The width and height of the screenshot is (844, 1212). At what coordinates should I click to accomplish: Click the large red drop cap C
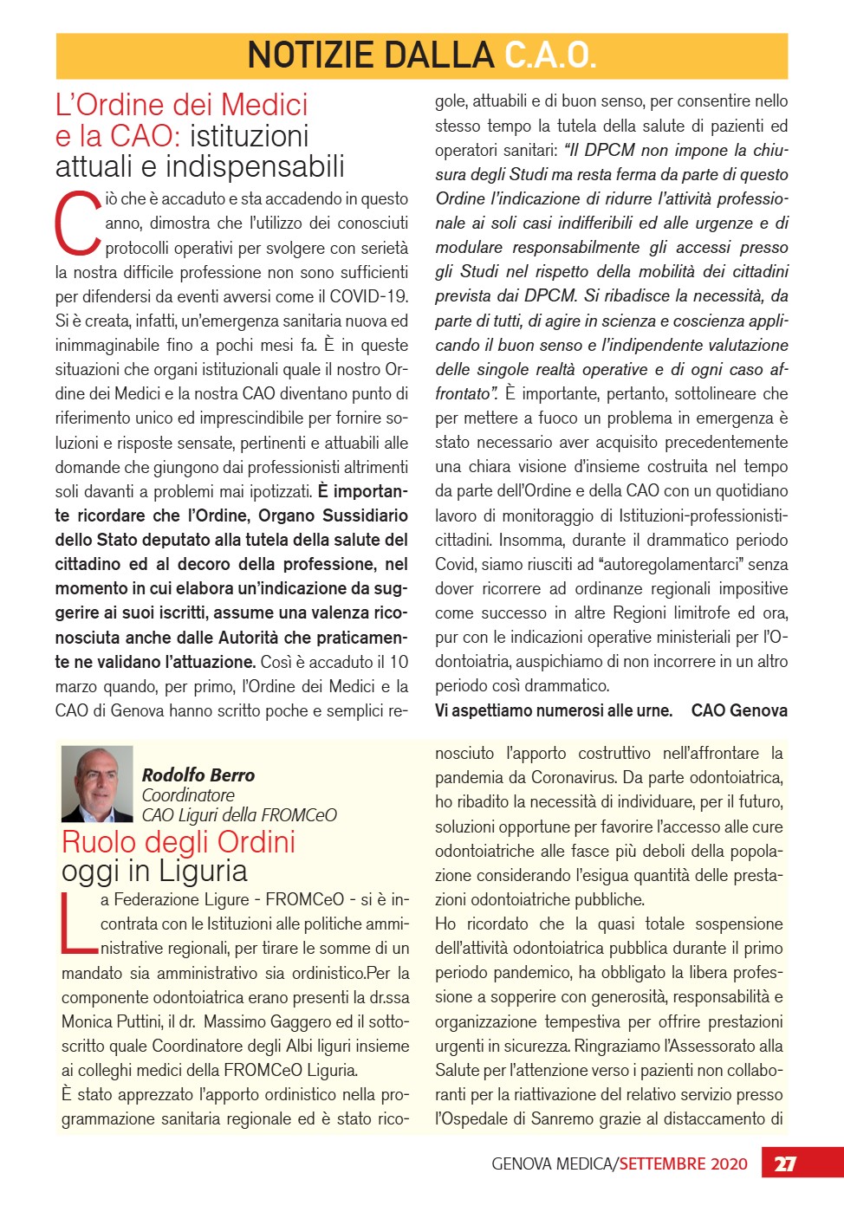click(x=78, y=224)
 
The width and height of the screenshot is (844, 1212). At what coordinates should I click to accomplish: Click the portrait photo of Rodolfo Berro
click(x=97, y=784)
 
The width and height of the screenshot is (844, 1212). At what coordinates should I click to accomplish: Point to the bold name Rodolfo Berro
click(x=198, y=775)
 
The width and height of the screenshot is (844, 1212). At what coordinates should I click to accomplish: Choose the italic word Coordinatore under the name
click(x=188, y=794)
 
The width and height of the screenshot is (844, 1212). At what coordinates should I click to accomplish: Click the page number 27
click(x=785, y=1163)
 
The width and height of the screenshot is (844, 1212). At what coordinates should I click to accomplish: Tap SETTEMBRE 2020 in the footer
click(x=683, y=1163)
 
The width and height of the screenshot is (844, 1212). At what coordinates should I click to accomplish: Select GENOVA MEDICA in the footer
click(x=553, y=1163)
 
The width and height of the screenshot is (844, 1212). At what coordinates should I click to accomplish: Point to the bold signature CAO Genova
click(x=739, y=710)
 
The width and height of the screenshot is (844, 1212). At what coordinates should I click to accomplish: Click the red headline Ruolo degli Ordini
click(x=179, y=842)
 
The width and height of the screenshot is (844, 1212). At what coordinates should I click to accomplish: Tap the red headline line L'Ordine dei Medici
click(x=181, y=105)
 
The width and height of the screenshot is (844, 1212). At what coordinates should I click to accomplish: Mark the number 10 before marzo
click(x=398, y=662)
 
